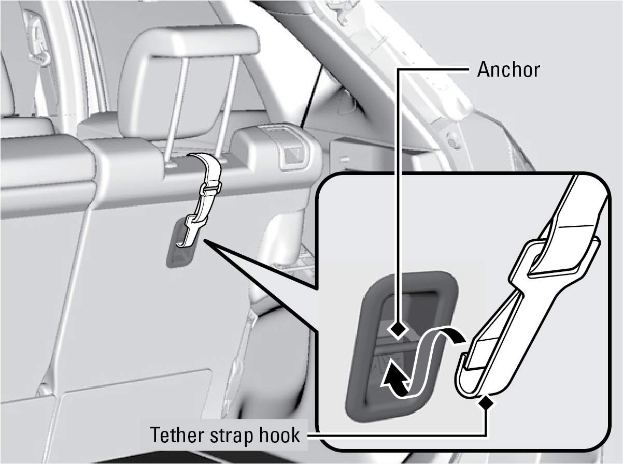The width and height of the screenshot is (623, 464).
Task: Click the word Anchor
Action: [x=508, y=70]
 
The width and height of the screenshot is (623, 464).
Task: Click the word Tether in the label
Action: [x=177, y=434]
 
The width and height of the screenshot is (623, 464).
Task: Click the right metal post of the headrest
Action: [x=229, y=110]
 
